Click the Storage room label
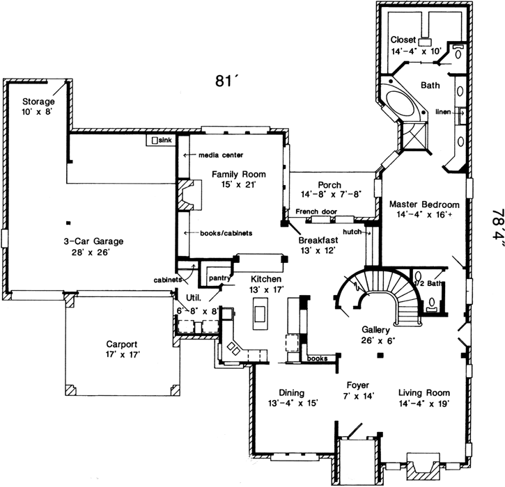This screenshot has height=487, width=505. click(x=37, y=101)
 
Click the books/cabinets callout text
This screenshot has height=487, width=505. click(x=225, y=232)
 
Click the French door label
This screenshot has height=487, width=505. click(x=316, y=211)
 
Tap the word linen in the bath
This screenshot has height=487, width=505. click(x=444, y=112)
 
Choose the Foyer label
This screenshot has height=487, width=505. click(x=360, y=384)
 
